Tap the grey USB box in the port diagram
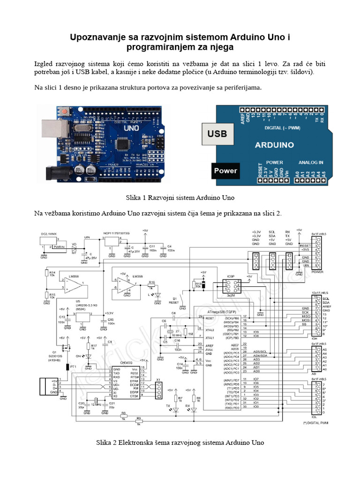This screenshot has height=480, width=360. [x=217, y=134]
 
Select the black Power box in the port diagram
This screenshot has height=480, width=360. [x=225, y=171]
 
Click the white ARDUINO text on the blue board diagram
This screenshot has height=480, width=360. [x=274, y=145]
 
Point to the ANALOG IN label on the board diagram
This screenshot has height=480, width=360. [x=311, y=162]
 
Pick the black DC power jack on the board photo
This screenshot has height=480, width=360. [x=55, y=173]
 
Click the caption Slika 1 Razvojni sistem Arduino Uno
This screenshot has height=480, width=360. [x=180, y=197]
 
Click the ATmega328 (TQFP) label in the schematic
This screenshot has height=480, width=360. [x=222, y=311]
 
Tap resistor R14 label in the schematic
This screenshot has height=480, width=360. [x=52, y=272]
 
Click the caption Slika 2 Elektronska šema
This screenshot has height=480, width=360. [x=180, y=442]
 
